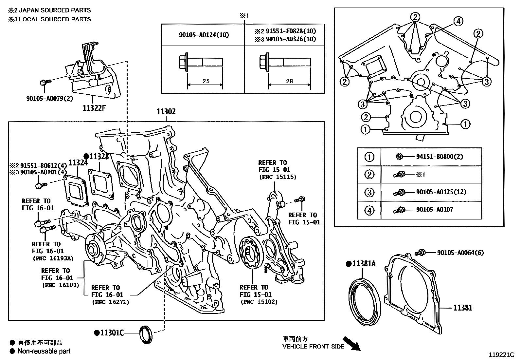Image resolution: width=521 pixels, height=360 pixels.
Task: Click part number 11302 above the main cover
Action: [x=166, y=112]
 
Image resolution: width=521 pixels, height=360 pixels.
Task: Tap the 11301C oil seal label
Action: [x=112, y=333]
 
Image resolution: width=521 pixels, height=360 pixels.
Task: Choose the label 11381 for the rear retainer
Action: [x=463, y=308]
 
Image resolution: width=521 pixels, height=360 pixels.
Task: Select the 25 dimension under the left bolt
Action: [x=206, y=81]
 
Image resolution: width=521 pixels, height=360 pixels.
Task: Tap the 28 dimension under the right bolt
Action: [x=289, y=81]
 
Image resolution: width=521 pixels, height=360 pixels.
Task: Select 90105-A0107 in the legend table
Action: [x=435, y=210]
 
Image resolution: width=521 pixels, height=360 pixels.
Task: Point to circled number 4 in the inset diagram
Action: [x=458, y=22]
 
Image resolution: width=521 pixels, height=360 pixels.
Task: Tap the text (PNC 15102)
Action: [x=259, y=302]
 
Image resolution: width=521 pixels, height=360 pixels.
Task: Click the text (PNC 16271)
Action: [x=110, y=302]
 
